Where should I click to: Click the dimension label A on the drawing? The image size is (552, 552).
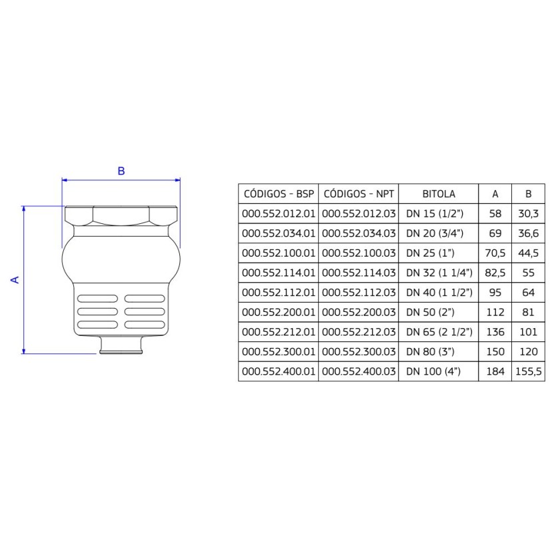pyautogui.click(x=15, y=279)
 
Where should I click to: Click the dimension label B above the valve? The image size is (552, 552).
pyautogui.click(x=121, y=171)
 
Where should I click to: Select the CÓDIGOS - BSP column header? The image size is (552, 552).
pyautogui.click(x=278, y=194)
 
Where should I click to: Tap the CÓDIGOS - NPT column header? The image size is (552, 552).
pyautogui.click(x=359, y=194)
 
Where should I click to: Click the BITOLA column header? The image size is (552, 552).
pyautogui.click(x=439, y=194)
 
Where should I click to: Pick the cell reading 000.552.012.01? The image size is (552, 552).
pyautogui.click(x=278, y=214)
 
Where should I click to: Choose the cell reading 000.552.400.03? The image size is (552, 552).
pyautogui.click(x=359, y=371)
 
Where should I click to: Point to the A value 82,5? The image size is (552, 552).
pyautogui.click(x=495, y=273)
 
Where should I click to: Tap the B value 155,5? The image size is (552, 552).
pyautogui.click(x=528, y=371)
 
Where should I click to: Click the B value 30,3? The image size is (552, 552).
pyautogui.click(x=528, y=214)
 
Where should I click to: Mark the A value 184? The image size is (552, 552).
pyautogui.click(x=495, y=371)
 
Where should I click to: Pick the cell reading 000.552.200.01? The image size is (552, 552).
pyautogui.click(x=278, y=312)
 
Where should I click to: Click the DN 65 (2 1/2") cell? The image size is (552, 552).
pyautogui.click(x=439, y=332)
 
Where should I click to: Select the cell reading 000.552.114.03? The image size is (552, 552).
pyautogui.click(x=359, y=273)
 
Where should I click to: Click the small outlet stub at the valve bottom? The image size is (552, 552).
pyautogui.click(x=121, y=346)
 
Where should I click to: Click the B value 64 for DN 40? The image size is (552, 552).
pyautogui.click(x=528, y=293)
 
